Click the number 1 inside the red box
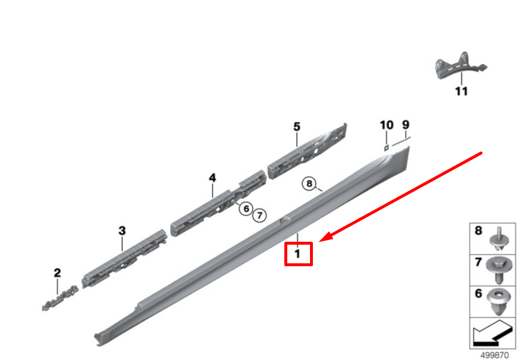297,254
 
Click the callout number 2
57,273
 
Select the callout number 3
122,231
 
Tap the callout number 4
213,177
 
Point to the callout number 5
297,126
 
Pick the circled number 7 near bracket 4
259,215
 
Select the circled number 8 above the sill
309,185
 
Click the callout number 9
406,124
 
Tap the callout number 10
387,125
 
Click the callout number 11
461,91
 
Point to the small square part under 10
386,147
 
